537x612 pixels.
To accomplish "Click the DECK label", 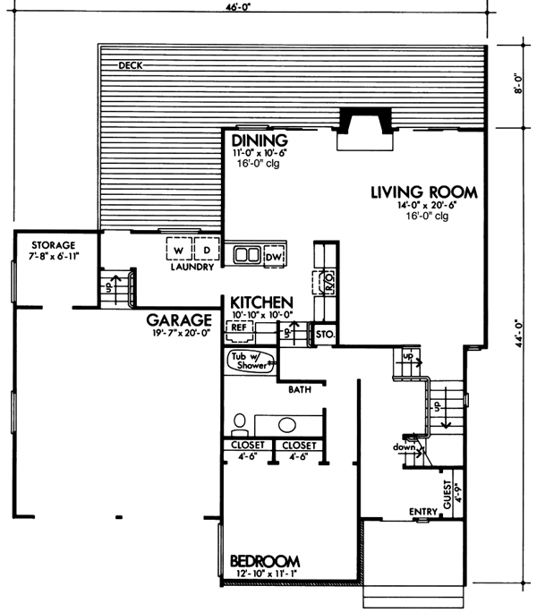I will [x=131, y=66].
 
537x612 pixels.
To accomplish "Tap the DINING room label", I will [x=258, y=141].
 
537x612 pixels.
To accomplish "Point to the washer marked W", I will [x=179, y=250].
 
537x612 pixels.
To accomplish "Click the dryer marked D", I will [x=205, y=250].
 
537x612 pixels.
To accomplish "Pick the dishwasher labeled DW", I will [x=275, y=257].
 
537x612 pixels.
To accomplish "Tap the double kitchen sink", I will [x=247, y=256].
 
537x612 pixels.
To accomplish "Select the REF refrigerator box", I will [x=239, y=328].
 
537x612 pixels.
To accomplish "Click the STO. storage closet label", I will [x=324, y=335].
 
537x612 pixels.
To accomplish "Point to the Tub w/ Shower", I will [x=251, y=361].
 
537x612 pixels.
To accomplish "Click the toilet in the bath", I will [x=238, y=420].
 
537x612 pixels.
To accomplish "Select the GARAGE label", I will [x=179, y=319].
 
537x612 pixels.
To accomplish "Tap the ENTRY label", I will [x=422, y=512].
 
